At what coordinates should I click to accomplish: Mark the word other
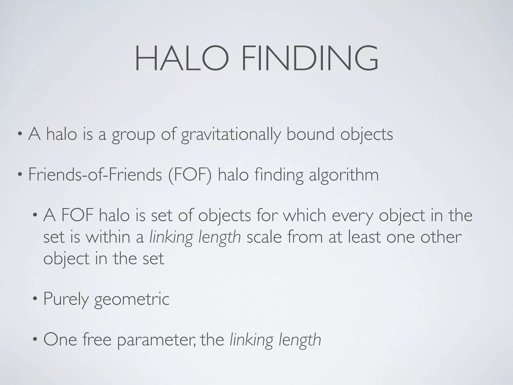coord(441,237)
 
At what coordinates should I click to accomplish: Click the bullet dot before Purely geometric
coord(35,299)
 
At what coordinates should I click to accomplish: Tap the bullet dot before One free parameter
coord(35,340)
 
